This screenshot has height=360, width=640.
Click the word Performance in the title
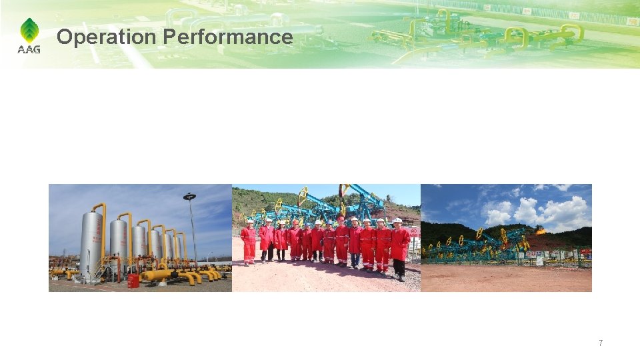pos(228,37)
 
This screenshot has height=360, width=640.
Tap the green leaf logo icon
pos(29,31)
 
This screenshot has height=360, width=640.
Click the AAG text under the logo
pos(29,49)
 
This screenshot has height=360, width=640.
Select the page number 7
pos(601,343)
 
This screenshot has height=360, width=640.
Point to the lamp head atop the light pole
pos(190,197)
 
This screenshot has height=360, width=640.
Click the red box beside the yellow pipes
pos(133,281)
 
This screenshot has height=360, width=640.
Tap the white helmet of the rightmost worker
pos(397,221)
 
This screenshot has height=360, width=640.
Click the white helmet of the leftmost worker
pos(249,221)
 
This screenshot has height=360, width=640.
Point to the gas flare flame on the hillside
pos(539,231)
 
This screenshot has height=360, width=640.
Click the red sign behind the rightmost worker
pos(415,233)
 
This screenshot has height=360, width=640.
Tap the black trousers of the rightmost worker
pos(399,268)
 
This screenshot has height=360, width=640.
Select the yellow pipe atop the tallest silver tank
pos(100,208)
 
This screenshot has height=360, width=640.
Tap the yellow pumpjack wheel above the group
pos(303,197)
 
